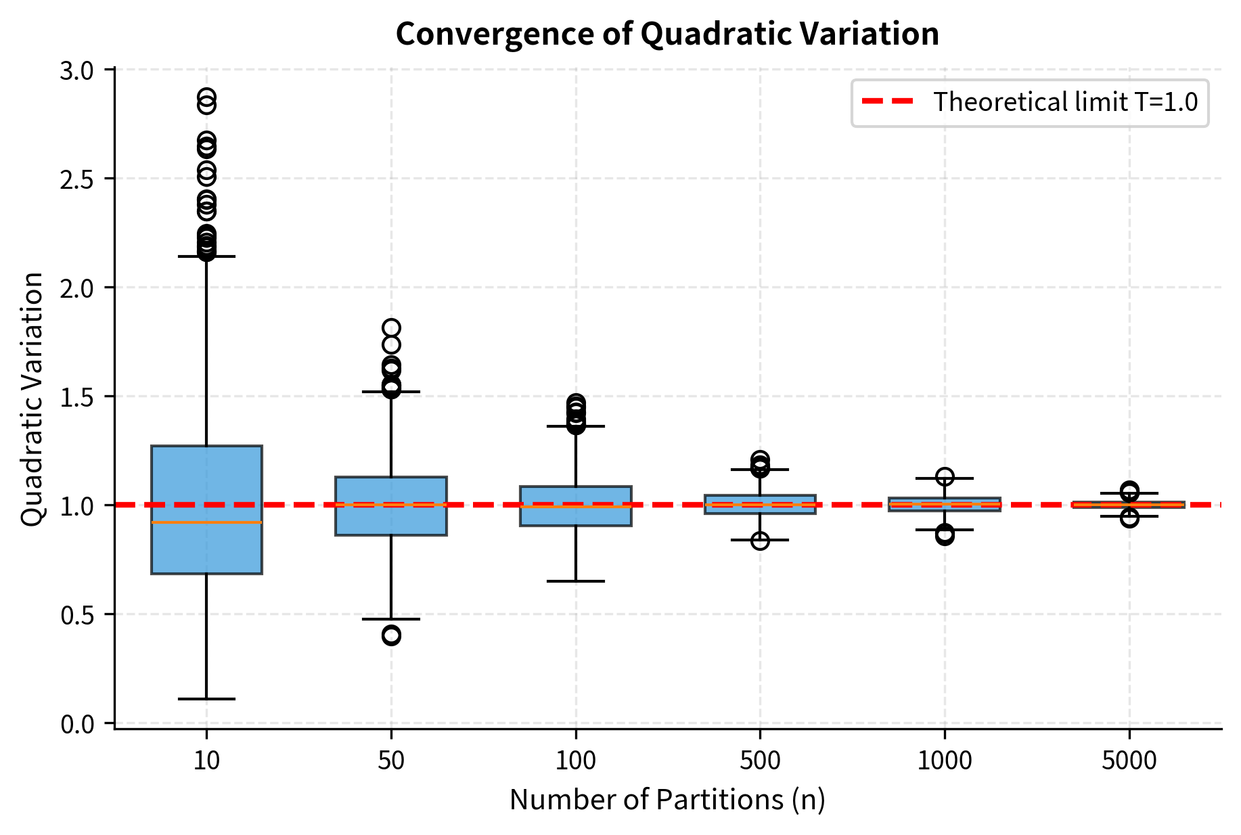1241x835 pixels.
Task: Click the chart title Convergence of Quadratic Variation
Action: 667,34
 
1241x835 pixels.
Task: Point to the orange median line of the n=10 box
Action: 206,522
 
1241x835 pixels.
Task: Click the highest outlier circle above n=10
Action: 206,97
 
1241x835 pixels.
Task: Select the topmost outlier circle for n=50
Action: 391,328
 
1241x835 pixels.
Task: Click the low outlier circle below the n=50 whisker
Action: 391,635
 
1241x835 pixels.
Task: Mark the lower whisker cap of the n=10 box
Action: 206,698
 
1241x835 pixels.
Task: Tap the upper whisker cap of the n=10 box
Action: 206,256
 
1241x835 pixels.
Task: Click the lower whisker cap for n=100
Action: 576,581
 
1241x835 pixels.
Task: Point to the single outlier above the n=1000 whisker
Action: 945,476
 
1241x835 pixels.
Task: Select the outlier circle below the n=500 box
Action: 760,541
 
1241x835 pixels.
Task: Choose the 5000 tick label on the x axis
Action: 1129,761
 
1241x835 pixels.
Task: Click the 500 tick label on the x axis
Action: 760,761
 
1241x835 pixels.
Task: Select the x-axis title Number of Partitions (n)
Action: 667,800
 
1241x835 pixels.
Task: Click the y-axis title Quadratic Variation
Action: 32,399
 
